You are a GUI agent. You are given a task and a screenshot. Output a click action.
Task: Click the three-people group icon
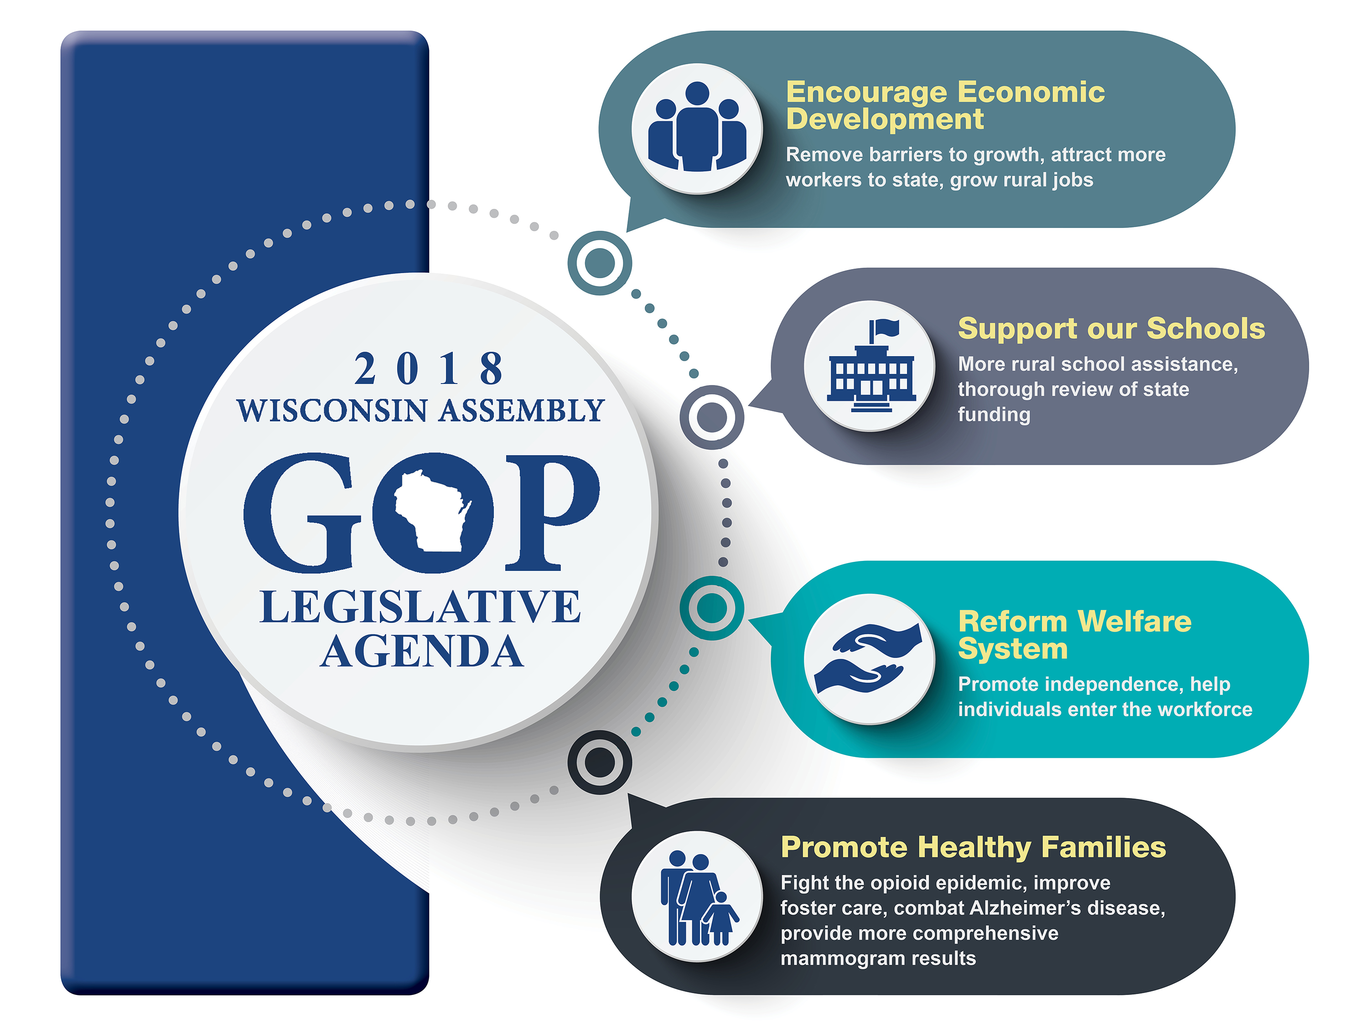click(697, 127)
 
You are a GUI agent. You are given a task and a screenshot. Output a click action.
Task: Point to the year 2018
click(429, 368)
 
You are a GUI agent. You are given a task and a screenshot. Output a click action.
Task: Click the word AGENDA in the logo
click(422, 651)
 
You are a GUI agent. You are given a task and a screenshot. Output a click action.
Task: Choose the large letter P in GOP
click(552, 513)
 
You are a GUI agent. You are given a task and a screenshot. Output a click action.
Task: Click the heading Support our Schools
click(1111, 328)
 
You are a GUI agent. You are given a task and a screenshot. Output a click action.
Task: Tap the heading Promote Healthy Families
click(973, 847)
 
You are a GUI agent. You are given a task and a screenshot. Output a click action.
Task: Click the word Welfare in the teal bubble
click(1134, 622)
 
